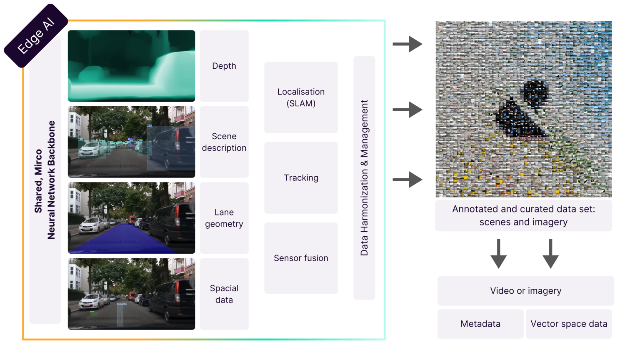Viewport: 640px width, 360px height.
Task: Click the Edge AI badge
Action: (x=36, y=36)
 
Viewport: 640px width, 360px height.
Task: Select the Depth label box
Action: (x=224, y=66)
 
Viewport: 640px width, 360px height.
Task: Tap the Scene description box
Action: (x=224, y=142)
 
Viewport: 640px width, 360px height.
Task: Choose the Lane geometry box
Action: (x=224, y=218)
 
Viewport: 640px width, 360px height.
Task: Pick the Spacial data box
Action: (x=224, y=294)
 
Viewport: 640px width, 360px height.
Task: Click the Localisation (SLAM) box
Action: (x=301, y=97)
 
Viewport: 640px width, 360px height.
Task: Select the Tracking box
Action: (x=301, y=178)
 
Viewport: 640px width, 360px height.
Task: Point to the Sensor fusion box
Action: (x=301, y=258)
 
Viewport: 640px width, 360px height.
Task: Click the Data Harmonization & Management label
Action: (x=364, y=177)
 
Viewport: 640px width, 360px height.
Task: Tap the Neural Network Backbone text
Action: (x=51, y=180)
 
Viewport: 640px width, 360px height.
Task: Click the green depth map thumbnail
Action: (x=131, y=66)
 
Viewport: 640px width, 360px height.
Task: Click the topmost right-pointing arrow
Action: (x=407, y=44)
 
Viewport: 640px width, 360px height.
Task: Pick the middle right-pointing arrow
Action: (x=407, y=110)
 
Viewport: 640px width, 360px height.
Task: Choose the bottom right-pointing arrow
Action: (x=407, y=180)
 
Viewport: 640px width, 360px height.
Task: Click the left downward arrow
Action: (x=498, y=253)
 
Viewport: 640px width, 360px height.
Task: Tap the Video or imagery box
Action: (x=525, y=291)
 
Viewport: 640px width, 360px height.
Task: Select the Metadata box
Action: (x=480, y=324)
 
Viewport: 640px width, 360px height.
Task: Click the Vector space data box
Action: (x=569, y=324)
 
